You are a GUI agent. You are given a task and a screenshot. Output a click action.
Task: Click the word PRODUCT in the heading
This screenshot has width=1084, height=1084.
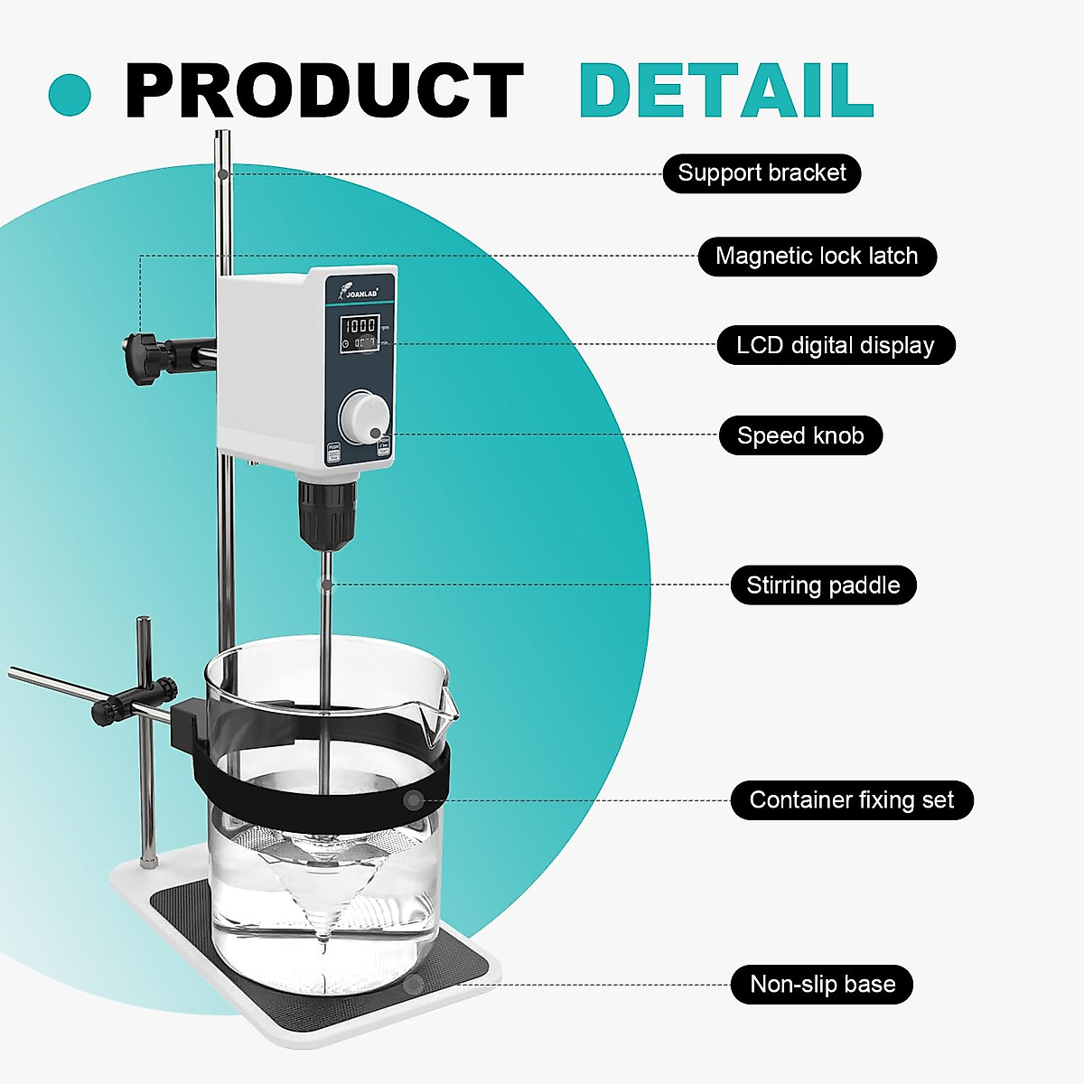click(x=323, y=90)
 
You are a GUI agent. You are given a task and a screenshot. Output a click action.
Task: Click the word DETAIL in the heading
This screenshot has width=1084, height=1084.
click(x=725, y=90)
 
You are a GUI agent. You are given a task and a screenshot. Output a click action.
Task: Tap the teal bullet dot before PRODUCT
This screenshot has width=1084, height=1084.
click(x=70, y=94)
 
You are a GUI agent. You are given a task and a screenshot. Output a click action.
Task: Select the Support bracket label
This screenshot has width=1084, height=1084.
click(x=762, y=173)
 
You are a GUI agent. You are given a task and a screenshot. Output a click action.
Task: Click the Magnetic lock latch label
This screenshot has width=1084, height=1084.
click(x=817, y=257)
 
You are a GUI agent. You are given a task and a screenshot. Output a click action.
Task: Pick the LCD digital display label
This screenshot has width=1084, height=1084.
click(x=835, y=345)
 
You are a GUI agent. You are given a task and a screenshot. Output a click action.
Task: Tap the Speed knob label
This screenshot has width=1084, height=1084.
click(x=800, y=435)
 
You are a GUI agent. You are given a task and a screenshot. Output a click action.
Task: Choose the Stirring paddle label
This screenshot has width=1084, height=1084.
click(x=823, y=585)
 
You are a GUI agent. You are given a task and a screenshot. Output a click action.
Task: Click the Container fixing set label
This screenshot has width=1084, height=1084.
click(x=851, y=800)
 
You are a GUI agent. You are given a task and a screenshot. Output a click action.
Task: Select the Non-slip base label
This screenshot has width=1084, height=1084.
click(x=822, y=984)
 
